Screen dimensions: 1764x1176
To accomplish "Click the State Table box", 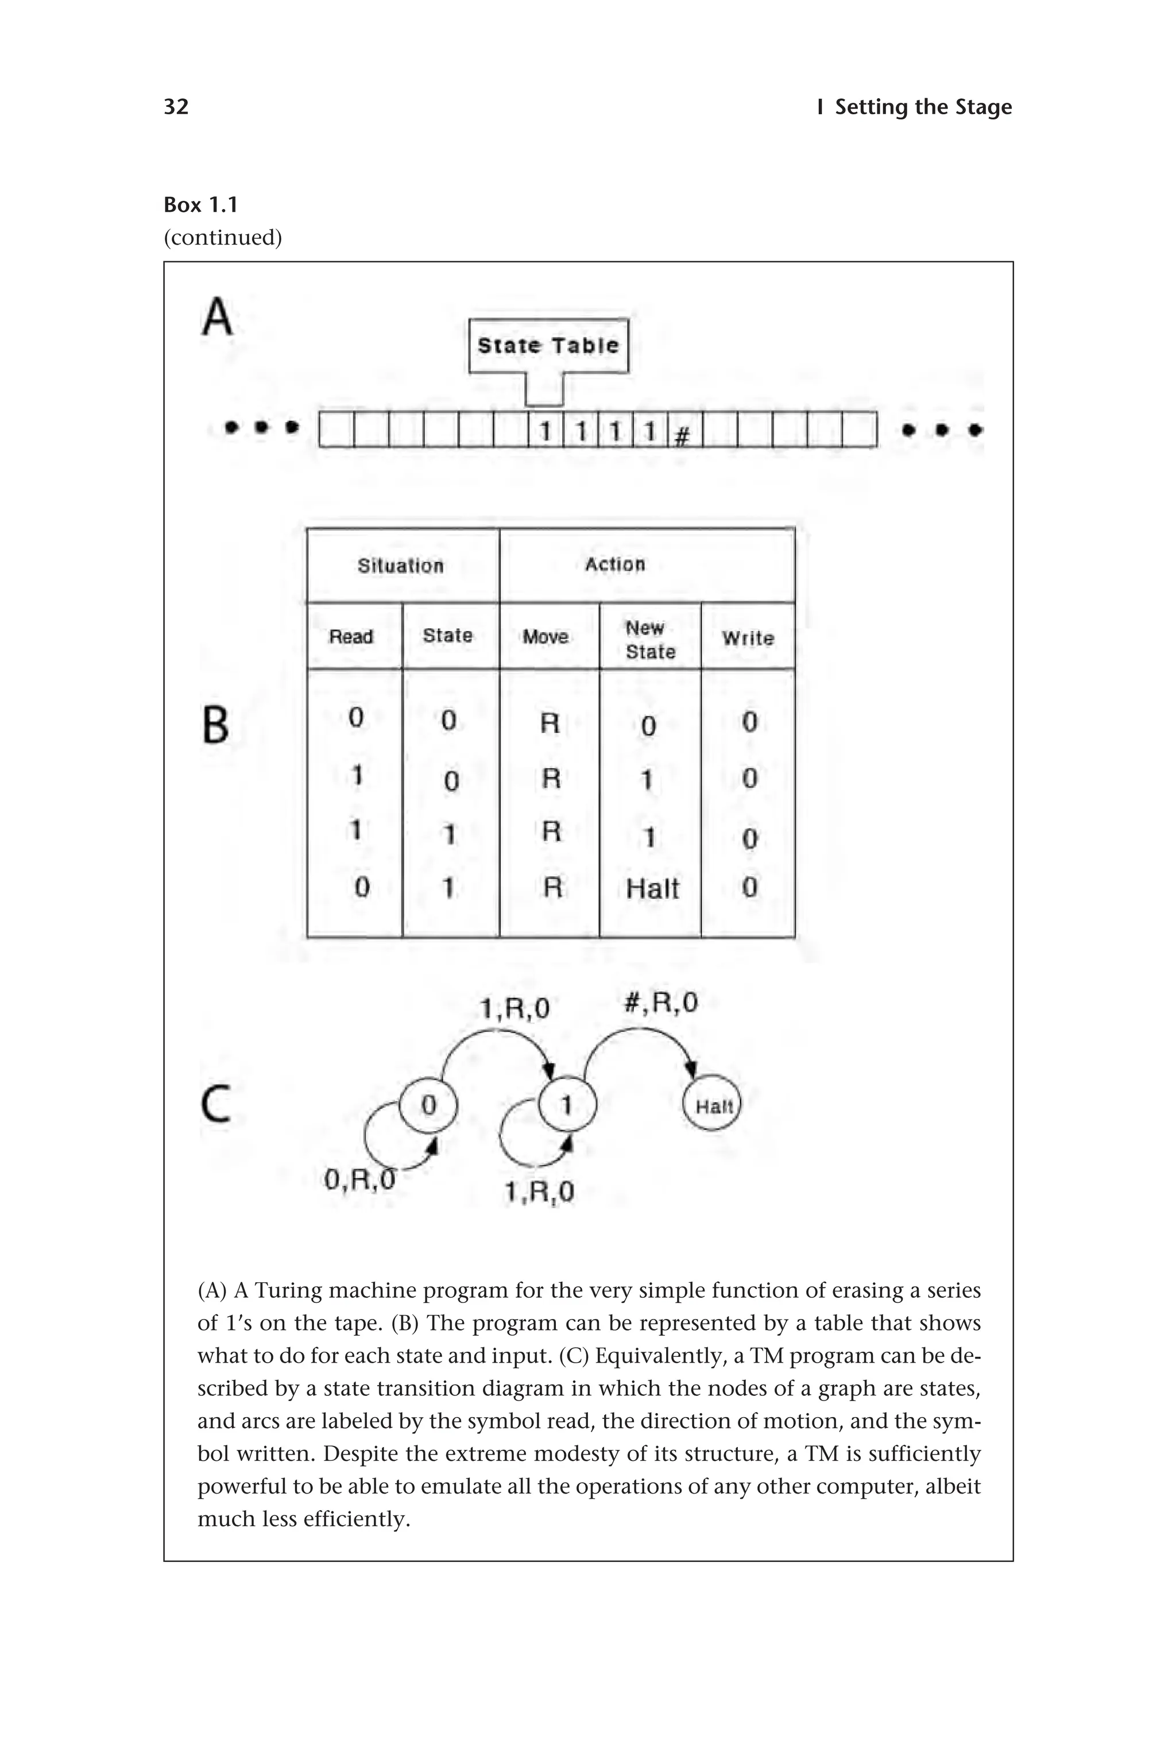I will (548, 346).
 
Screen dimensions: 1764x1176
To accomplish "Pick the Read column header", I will (351, 637).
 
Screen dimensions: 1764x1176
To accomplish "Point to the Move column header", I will (546, 637).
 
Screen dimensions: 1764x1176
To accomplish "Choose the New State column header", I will (650, 640).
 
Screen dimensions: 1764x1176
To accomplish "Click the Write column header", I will (748, 639).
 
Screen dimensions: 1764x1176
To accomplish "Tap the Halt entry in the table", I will (652, 889).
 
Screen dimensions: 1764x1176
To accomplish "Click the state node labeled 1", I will (567, 1105).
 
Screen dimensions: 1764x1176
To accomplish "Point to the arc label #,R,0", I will (661, 1003).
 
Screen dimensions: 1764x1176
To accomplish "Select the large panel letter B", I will (216, 725).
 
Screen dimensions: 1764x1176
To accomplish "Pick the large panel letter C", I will (216, 1105).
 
